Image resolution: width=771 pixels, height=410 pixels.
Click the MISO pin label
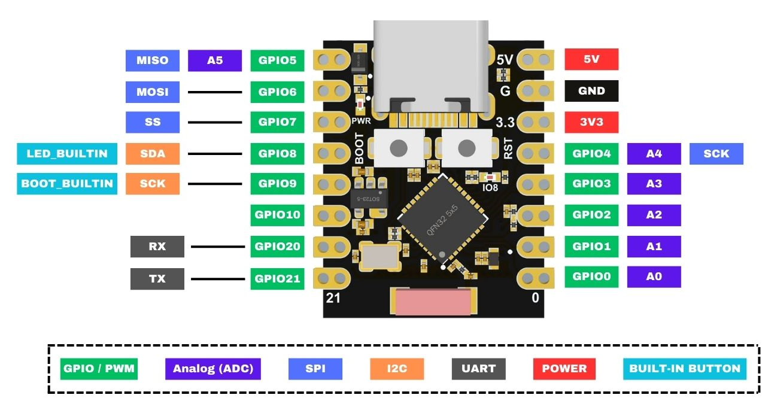coord(152,60)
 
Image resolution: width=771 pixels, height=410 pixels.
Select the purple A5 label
coord(215,60)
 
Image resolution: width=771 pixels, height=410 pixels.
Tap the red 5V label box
coord(591,60)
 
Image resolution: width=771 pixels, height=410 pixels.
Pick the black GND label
coord(591,91)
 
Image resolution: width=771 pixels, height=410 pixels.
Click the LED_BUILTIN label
coord(67,154)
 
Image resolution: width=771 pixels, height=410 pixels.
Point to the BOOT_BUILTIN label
coord(67,184)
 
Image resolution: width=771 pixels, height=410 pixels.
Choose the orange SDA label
coord(152,154)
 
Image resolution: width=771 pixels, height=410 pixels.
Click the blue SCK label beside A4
coord(716,154)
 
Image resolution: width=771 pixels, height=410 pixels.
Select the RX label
coord(157,246)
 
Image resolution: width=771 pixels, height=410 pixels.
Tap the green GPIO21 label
coord(277,278)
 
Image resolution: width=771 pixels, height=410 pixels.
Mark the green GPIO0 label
coord(591,277)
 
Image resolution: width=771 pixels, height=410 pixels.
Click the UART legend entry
coord(478,369)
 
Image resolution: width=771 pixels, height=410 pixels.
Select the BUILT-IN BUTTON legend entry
coord(684,369)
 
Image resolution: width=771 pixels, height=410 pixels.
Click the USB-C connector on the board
coord(431,66)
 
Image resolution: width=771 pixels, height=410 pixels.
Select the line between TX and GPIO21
coord(217,278)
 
